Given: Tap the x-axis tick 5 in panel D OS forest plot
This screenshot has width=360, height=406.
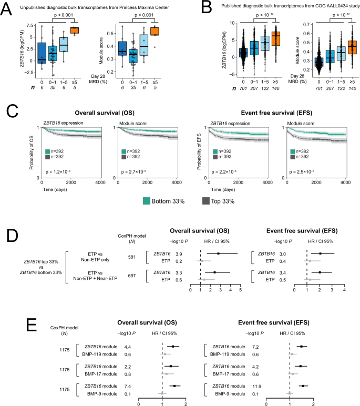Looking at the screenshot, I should click(x=240, y=290).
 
